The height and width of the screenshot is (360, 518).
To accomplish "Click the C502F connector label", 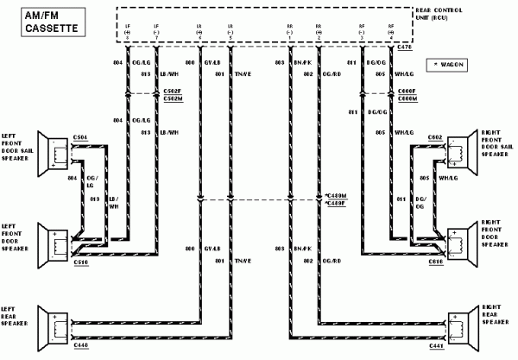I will (173, 92).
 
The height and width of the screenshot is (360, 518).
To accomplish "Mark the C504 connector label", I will (79, 136).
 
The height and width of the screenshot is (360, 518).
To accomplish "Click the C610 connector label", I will (434, 259).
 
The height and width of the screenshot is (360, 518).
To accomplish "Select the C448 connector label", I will (80, 344).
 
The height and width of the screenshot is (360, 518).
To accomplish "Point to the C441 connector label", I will (435, 344).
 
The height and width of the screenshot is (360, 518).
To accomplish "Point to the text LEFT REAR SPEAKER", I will (16, 319).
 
